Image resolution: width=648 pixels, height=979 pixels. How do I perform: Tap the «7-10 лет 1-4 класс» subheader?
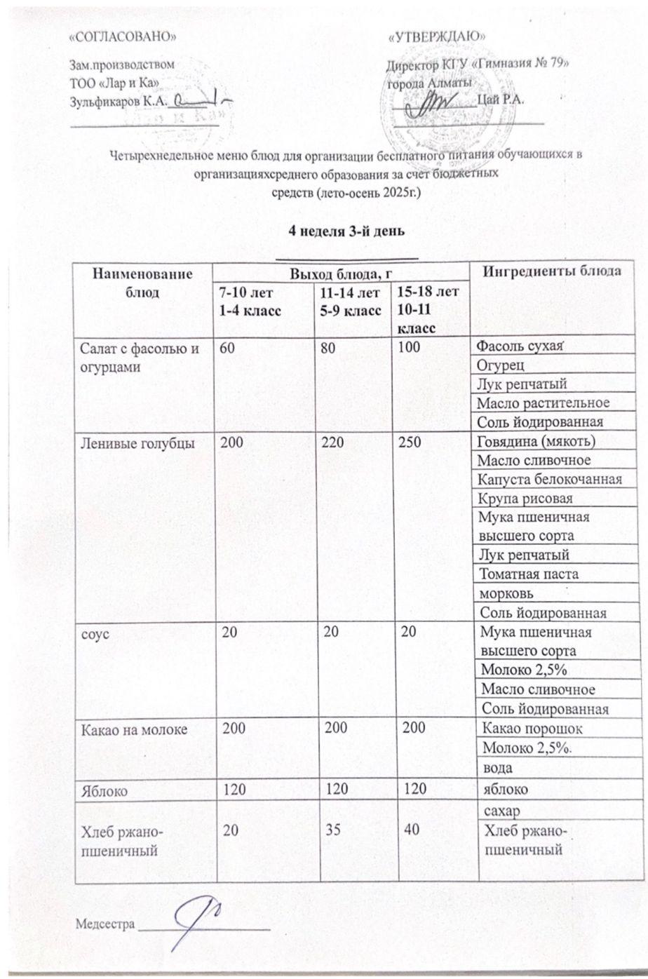coord(248,300)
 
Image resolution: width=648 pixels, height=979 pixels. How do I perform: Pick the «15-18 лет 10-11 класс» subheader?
coord(427,309)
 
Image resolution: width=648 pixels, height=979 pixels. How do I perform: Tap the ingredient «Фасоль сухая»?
coord(520,346)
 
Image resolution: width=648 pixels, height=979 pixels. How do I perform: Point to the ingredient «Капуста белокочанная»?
coord(548,479)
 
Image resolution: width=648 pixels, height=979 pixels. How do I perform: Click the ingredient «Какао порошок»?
coord(534,729)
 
